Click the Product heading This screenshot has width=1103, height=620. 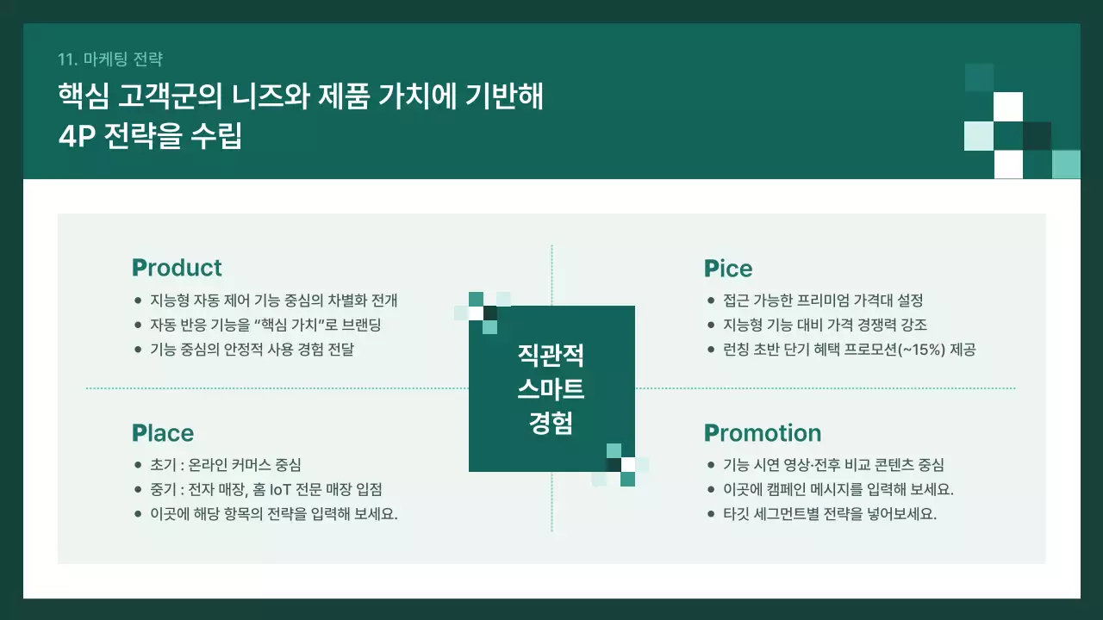[177, 268]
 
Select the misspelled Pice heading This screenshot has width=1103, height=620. [728, 269]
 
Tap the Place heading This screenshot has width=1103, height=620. [163, 433]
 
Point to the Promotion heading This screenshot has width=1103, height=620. [763, 433]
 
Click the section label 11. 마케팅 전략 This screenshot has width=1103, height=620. [110, 59]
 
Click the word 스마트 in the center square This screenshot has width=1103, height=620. [551, 389]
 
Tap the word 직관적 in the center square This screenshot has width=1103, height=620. [551, 355]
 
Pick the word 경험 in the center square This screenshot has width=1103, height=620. [551, 424]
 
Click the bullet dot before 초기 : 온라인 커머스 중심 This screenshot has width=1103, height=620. [138, 464]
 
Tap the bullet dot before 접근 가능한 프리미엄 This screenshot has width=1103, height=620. [710, 301]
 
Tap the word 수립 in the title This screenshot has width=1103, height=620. [216, 137]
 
